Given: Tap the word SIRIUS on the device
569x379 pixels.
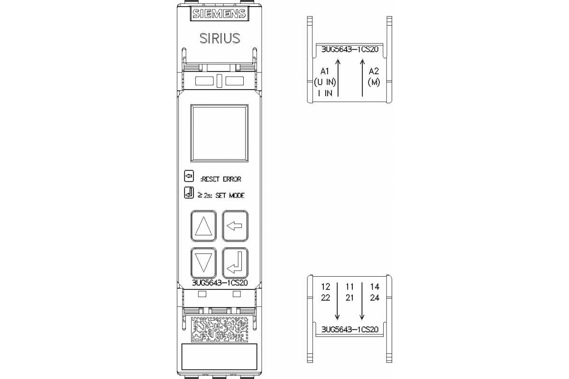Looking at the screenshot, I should click(x=219, y=38).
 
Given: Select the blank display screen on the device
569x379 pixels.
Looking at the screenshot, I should click(x=219, y=133).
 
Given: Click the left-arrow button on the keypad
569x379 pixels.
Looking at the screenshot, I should click(x=235, y=226).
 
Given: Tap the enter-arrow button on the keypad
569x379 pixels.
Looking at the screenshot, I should click(x=235, y=262).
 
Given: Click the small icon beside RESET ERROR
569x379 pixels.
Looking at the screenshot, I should click(x=189, y=177).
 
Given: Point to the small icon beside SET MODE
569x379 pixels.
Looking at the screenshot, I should click(x=189, y=193).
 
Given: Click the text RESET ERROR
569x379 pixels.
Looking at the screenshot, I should click(x=221, y=179).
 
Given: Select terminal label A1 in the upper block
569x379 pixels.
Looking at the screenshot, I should click(x=325, y=72).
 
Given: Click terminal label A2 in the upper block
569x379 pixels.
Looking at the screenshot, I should click(x=374, y=72).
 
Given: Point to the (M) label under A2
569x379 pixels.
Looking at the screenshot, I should click(x=374, y=82).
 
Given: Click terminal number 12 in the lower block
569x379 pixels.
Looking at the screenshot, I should click(x=325, y=287).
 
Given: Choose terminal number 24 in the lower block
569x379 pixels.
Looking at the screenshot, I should click(x=375, y=298).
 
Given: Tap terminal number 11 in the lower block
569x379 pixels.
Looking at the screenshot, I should click(x=349, y=287).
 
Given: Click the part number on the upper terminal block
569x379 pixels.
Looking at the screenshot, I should click(x=349, y=49).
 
